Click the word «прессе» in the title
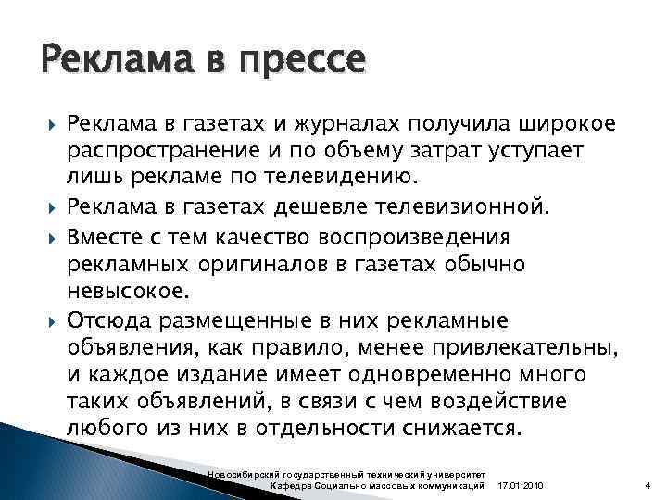pos(306,62)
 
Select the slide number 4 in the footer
pos(647,486)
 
